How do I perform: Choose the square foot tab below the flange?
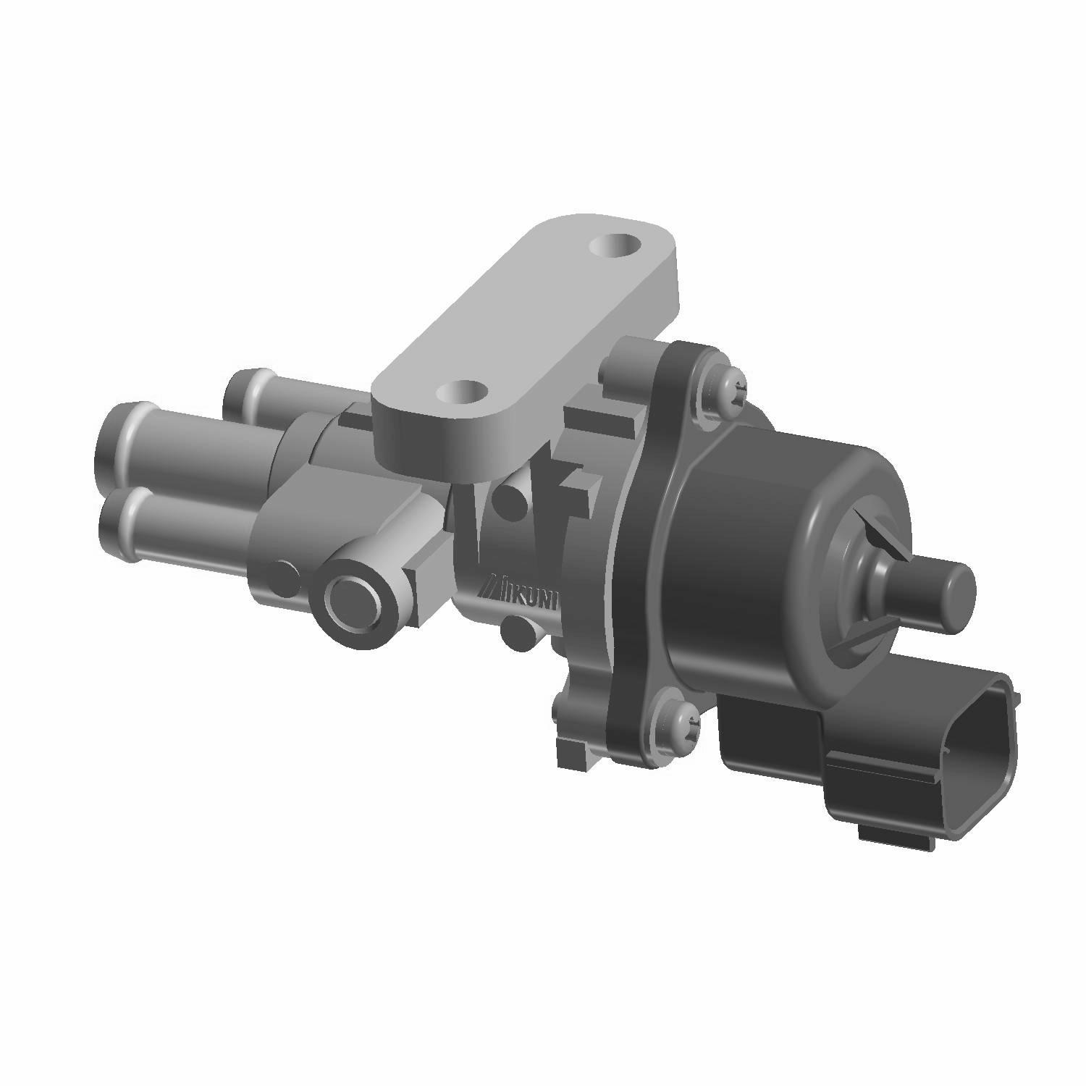(x=576, y=753)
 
